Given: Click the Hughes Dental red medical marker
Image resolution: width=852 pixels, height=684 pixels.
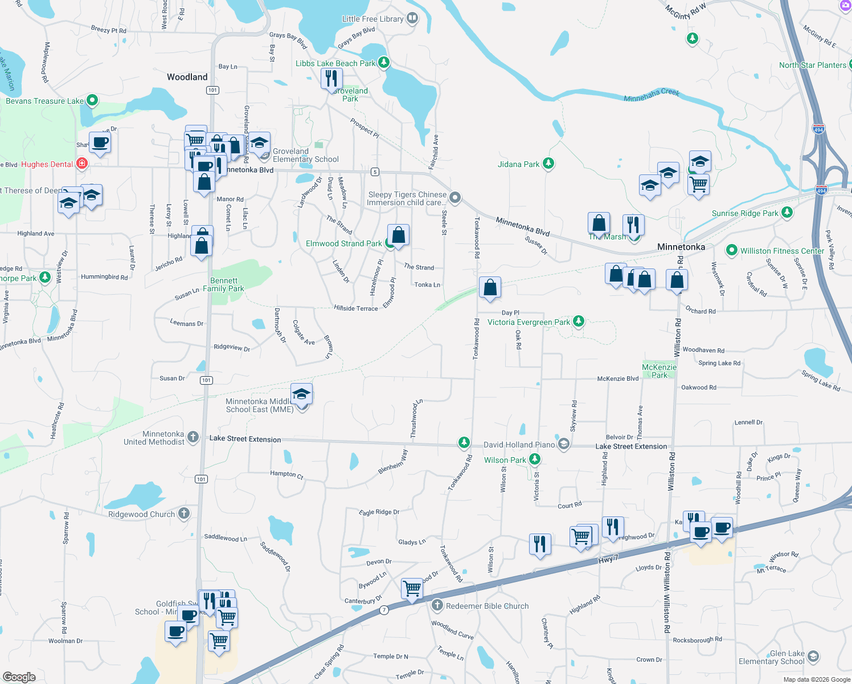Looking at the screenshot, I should (82, 164).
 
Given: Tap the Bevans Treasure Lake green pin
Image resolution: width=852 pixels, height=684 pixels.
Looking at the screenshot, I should (92, 101).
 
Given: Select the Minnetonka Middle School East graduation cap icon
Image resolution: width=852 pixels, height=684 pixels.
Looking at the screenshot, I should (301, 394).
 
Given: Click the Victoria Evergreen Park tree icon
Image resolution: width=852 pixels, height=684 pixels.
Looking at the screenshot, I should (579, 321).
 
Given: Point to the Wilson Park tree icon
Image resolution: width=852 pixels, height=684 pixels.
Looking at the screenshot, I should (534, 459).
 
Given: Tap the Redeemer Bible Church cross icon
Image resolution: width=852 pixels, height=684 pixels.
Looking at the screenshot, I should (437, 605).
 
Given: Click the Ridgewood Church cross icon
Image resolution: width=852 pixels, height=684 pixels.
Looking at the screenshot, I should (183, 514).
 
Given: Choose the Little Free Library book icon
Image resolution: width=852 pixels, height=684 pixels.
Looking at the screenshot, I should (412, 18).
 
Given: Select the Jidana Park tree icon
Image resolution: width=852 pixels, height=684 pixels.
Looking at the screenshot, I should (548, 164).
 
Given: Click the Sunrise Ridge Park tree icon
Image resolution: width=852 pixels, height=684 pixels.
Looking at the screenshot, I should (787, 213).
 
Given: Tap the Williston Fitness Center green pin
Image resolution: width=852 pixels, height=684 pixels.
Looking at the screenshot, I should (732, 250).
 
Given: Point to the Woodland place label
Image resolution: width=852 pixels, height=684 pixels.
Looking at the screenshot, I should (187, 77).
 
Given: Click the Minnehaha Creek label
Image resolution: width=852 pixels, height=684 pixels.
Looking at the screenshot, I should (652, 95).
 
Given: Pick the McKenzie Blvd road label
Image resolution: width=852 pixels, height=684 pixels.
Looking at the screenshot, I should (617, 378).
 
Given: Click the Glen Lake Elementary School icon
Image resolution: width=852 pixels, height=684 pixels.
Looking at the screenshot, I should (813, 657).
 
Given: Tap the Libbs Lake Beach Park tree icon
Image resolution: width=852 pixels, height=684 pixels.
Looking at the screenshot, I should (384, 62).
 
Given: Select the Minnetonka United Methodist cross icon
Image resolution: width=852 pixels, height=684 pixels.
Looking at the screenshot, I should (193, 437).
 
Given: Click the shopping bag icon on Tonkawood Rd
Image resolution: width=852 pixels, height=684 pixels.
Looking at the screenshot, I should (490, 288).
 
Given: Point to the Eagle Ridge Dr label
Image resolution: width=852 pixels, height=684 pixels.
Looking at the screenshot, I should (379, 512).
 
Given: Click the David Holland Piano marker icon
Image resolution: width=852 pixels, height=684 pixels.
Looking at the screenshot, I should (563, 444).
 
